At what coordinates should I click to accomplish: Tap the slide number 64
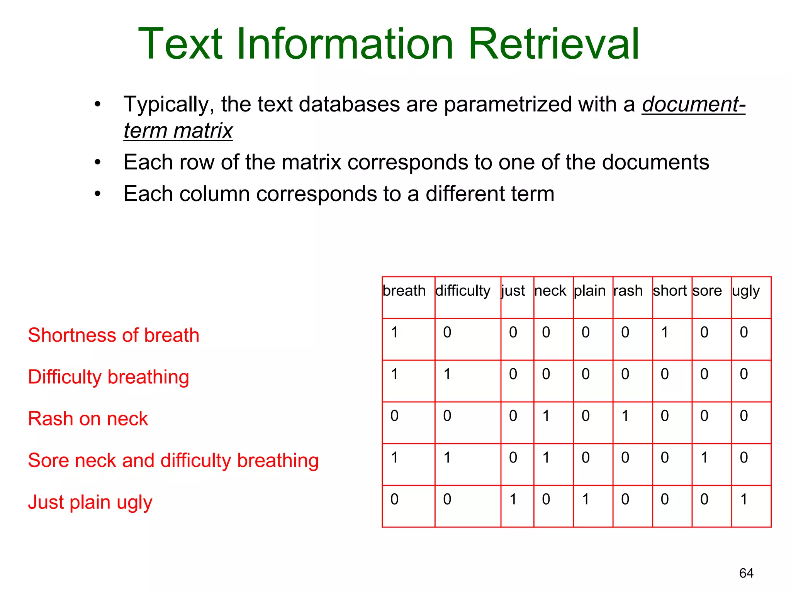click(746, 573)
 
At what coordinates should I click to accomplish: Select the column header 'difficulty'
click(462, 291)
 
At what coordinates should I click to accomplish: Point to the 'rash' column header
click(628, 291)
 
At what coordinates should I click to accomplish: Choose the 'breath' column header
click(404, 291)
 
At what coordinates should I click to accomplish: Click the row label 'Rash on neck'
click(88, 419)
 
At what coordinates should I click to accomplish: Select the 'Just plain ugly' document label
click(90, 503)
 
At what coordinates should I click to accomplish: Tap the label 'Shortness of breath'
click(114, 335)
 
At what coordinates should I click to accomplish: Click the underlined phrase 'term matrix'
click(178, 130)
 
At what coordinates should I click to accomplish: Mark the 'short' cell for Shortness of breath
click(665, 332)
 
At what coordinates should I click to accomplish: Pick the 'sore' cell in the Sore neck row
click(704, 458)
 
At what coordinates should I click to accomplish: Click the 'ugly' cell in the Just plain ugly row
click(744, 500)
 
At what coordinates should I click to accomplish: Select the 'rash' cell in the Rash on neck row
click(625, 416)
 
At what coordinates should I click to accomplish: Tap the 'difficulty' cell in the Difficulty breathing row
click(447, 374)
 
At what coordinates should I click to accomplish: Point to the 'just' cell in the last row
click(513, 500)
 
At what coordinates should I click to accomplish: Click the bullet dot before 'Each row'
click(98, 163)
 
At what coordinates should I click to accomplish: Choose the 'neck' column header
click(550, 291)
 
